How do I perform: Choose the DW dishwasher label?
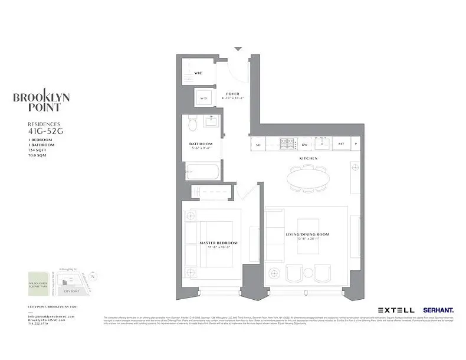coord(305,144)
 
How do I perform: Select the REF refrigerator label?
coord(341,144)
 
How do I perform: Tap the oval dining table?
coord(309,179)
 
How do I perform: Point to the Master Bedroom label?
coord(218,243)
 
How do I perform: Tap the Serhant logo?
coord(437,309)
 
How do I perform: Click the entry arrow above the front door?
coord(238,49)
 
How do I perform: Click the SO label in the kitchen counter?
coord(258,144)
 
